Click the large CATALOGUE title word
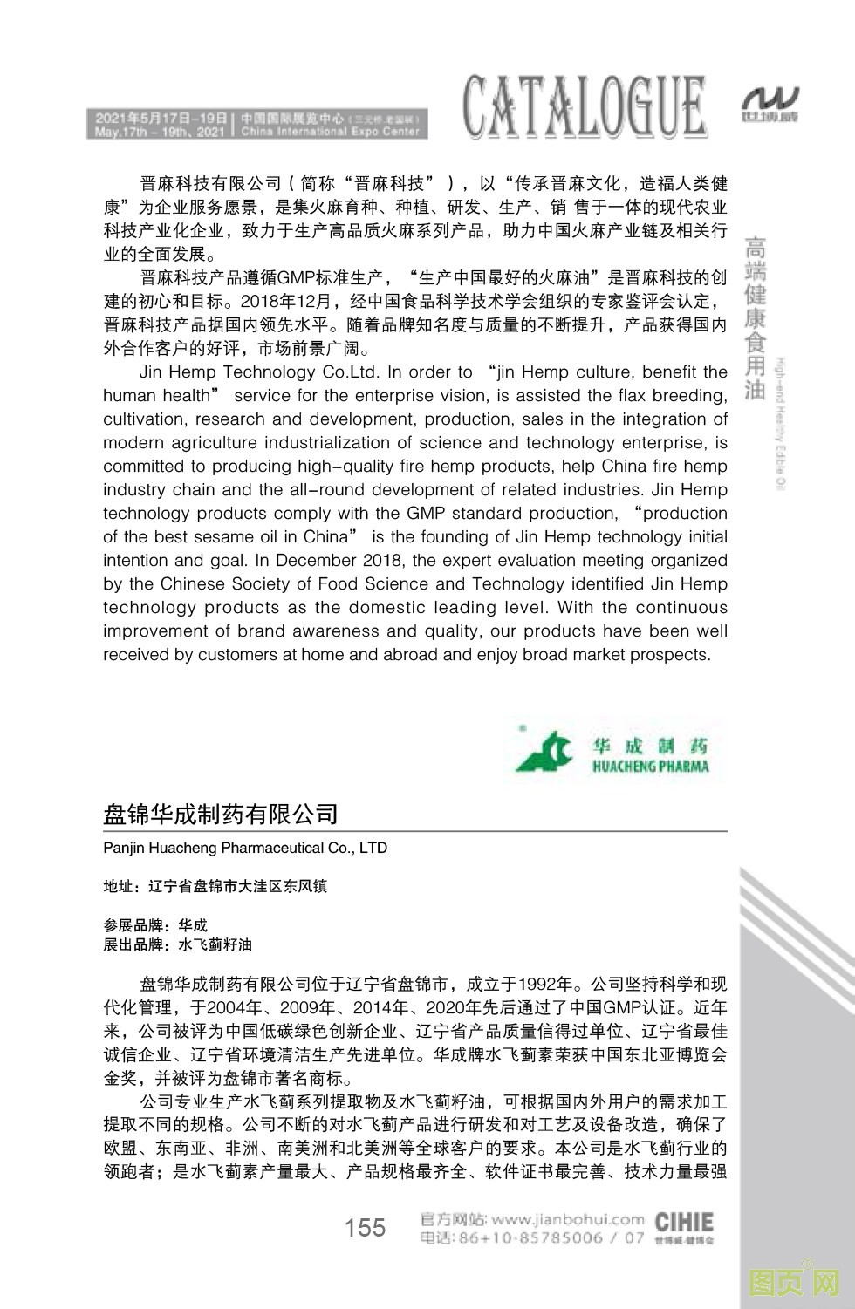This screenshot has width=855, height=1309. coord(584,107)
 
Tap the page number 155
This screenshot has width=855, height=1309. coord(365,1228)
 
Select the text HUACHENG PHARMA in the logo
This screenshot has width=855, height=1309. coord(650,767)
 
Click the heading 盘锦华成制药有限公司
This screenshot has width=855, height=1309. coord(221,815)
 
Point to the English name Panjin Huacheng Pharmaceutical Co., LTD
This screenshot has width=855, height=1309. coord(245,848)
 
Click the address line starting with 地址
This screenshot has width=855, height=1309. coord(215,886)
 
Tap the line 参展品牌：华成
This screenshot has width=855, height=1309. coord(155,924)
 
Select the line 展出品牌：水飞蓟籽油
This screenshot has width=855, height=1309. coord(178,944)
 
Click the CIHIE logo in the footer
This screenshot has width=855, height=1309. coord(683,1224)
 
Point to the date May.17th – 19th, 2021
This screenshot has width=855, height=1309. coord(156,132)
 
